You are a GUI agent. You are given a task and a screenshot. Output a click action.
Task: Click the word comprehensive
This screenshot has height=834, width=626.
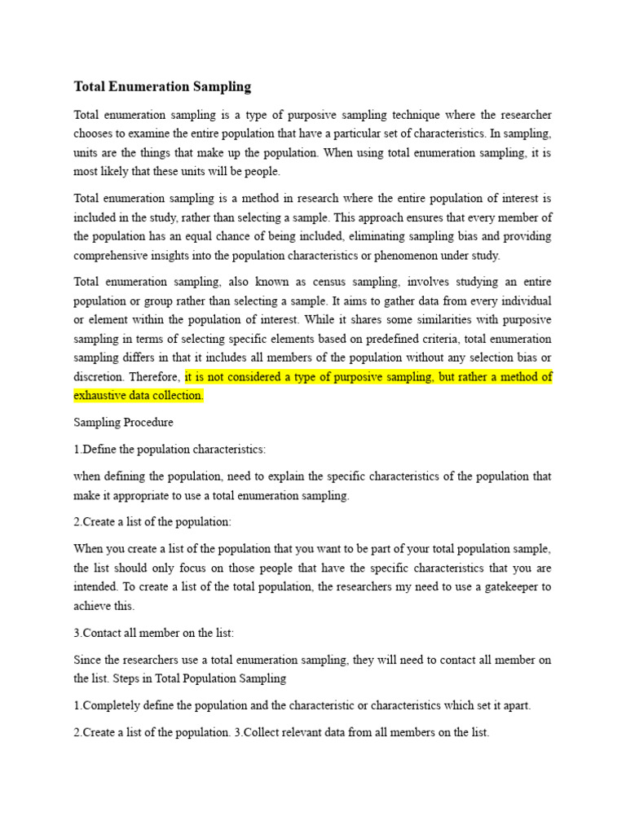coord(113,255)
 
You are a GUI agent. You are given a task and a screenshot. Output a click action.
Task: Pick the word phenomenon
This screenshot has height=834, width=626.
coord(405,255)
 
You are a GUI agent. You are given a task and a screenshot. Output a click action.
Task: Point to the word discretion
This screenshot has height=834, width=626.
coord(100,377)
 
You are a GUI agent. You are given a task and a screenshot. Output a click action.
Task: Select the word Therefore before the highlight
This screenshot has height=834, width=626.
coord(156,377)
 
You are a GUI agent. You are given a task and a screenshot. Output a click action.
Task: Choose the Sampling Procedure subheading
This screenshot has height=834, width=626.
coord(123,423)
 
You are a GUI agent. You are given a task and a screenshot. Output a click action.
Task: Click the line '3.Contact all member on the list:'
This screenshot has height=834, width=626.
coord(153,632)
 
